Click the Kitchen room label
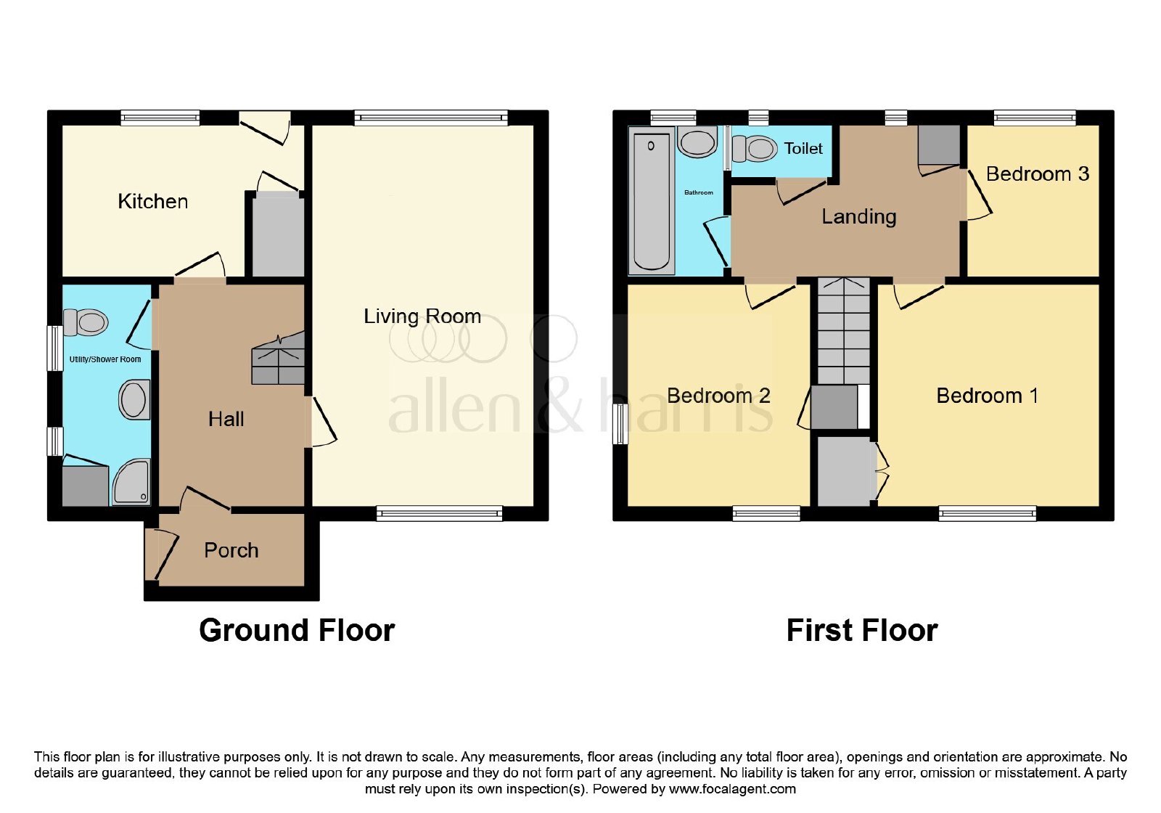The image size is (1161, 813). pyautogui.click(x=153, y=201)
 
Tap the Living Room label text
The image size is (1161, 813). pyautogui.click(x=422, y=316)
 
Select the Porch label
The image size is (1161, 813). pyautogui.click(x=231, y=550)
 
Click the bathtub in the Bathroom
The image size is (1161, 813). pyautogui.click(x=651, y=200)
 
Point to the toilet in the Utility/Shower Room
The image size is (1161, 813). pyautogui.click(x=86, y=322)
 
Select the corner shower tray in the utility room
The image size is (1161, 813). pyautogui.click(x=131, y=482)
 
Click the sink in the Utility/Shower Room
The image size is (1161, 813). pyautogui.click(x=134, y=399)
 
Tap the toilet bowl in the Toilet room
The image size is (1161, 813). pyautogui.click(x=754, y=148)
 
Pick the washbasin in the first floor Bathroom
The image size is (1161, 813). pyautogui.click(x=697, y=142)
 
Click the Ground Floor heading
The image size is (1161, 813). pyautogui.click(x=297, y=631)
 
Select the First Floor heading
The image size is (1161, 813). pyautogui.click(x=862, y=631)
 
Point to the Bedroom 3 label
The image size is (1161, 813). pyautogui.click(x=1038, y=173)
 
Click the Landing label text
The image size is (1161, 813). pyautogui.click(x=859, y=217)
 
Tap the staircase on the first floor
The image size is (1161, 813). pyautogui.click(x=844, y=331)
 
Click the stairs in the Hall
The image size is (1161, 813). pyautogui.click(x=278, y=358)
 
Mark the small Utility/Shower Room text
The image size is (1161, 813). pyautogui.click(x=105, y=359)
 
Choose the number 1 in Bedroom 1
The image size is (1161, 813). pyautogui.click(x=1033, y=396)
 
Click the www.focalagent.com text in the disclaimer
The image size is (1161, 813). pyautogui.click(x=732, y=789)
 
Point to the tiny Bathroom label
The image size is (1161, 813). pyautogui.click(x=699, y=192)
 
